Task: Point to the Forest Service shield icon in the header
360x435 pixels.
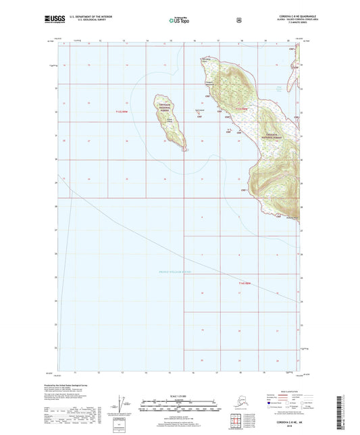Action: click(x=240, y=20)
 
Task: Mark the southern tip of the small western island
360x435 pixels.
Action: click(x=184, y=150)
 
